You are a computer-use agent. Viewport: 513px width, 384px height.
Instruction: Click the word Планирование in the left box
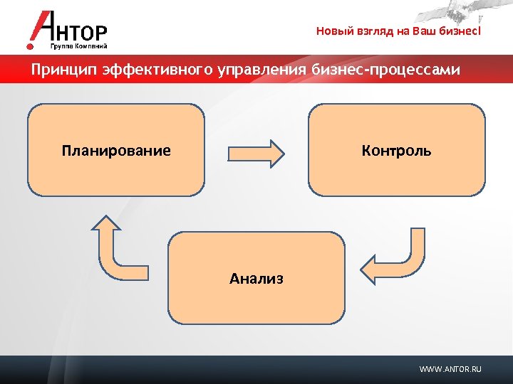[x=116, y=151]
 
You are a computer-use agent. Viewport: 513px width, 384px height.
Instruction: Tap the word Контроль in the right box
[x=396, y=151]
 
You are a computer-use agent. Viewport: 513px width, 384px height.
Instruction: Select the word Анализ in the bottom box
[x=256, y=279]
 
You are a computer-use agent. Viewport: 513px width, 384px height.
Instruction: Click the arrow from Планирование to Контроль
[x=256, y=152]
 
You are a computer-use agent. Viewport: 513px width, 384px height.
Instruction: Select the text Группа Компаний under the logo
[x=79, y=46]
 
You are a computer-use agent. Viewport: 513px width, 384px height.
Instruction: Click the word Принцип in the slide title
[x=63, y=70]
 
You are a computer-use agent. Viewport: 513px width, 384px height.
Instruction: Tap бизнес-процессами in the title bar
[x=385, y=70]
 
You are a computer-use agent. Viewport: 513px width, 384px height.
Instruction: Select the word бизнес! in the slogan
[x=462, y=31]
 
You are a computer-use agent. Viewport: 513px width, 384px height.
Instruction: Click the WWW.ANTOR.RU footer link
[x=450, y=369]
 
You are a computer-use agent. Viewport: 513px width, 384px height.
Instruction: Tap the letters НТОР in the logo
[x=83, y=33]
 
